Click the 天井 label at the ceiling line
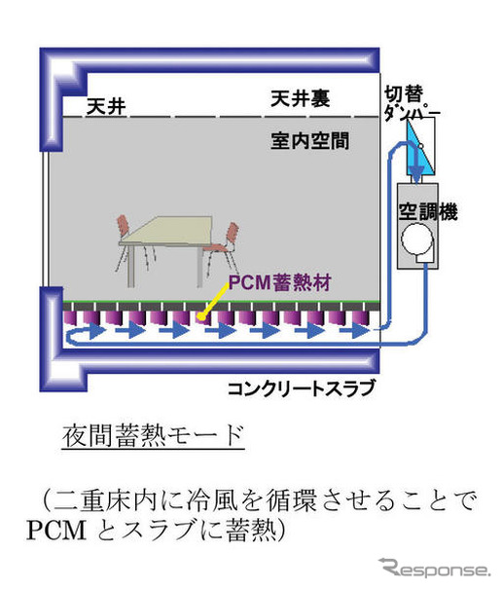(106, 106)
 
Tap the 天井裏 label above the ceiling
(301, 98)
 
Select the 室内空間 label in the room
(310, 141)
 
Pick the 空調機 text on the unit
(428, 211)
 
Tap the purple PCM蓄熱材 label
(280, 283)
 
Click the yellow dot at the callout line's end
(202, 317)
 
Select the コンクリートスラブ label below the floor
(302, 388)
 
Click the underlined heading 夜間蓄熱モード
(154, 436)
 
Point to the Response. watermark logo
(435, 569)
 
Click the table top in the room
(167, 231)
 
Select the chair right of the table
(222, 248)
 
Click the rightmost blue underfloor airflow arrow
(354, 331)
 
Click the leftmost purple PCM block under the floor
(70, 318)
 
